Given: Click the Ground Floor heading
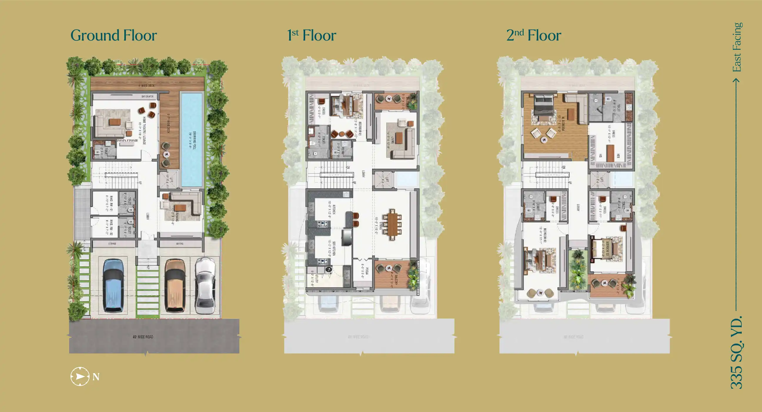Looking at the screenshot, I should tap(113, 36).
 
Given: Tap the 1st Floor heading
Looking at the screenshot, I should tap(312, 36).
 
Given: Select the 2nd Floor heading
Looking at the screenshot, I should tap(534, 36).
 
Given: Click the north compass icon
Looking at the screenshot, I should tap(80, 376).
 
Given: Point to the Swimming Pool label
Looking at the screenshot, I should tap(194, 140).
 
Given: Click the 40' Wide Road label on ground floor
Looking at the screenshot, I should tap(143, 337).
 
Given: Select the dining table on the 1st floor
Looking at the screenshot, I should tap(392, 224).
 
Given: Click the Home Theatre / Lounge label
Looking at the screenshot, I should tap(144, 130).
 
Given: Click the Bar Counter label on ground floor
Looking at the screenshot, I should tap(147, 97).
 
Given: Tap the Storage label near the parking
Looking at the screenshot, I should tap(112, 244).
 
